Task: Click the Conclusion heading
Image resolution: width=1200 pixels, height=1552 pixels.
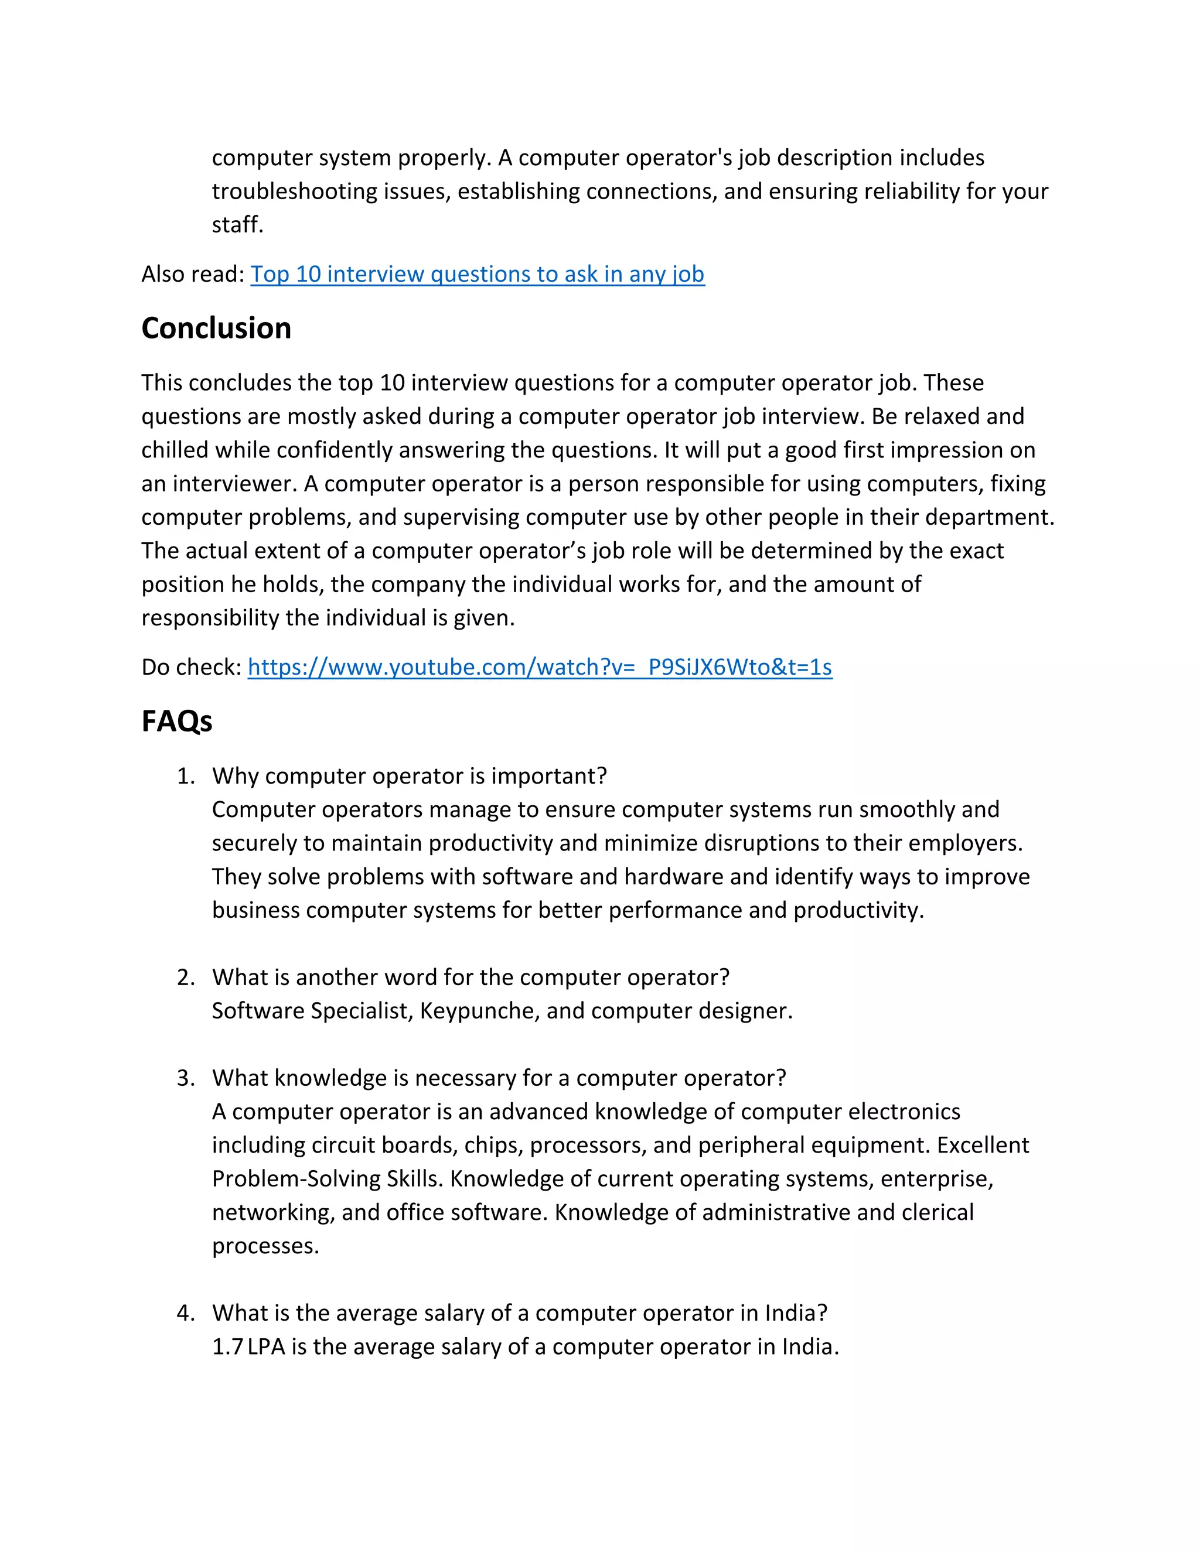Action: [216, 329]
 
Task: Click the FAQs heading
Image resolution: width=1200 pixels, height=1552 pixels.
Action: [176, 722]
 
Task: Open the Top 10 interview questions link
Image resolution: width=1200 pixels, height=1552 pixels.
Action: [477, 274]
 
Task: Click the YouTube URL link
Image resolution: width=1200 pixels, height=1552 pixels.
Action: [540, 667]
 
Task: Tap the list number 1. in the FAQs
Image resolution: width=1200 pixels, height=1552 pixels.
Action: [186, 776]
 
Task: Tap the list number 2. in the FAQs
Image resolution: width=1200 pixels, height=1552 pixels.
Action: [186, 978]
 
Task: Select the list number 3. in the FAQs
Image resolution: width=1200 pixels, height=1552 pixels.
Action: [186, 1078]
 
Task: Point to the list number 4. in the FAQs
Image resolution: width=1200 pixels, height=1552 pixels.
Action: [186, 1313]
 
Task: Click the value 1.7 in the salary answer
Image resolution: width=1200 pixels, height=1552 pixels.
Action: [227, 1346]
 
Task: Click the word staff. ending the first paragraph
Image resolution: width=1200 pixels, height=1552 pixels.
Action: [237, 225]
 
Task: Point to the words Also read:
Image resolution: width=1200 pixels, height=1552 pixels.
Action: [193, 274]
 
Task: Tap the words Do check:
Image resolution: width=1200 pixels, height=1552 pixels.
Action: [191, 667]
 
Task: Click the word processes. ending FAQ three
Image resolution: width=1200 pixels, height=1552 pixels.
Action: [265, 1246]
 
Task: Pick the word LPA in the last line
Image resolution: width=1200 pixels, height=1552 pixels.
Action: [266, 1346]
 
